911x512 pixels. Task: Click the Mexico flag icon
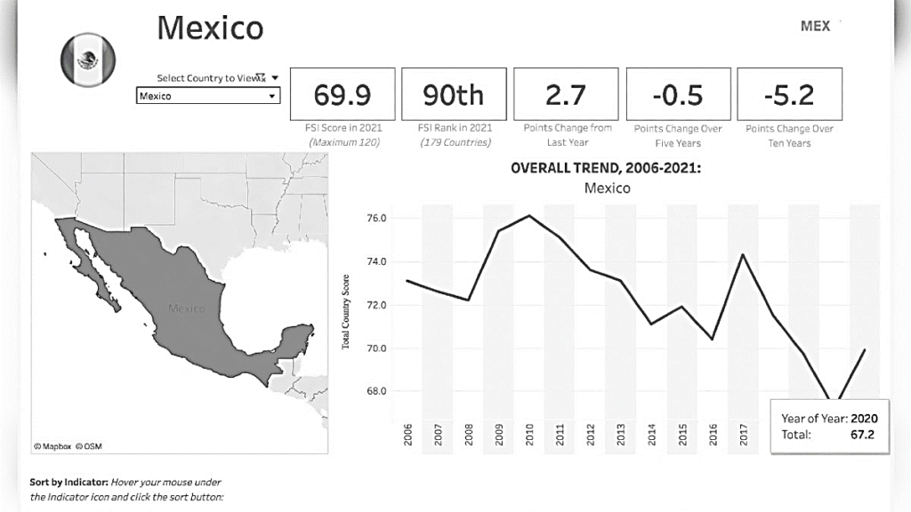point(87,60)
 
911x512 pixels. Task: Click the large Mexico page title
point(210,28)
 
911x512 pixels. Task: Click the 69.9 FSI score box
point(343,93)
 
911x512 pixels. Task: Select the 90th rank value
point(454,93)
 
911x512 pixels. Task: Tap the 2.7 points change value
point(567,93)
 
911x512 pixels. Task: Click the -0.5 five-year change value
point(678,93)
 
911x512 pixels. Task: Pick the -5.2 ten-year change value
point(789,93)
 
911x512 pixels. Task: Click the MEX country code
point(815,26)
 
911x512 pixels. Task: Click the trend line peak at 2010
point(529,215)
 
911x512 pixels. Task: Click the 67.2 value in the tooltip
point(863,435)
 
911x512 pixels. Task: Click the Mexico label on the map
point(186,308)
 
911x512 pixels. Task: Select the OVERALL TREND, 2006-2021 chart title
point(606,169)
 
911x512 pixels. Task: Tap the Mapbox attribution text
point(52,445)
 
